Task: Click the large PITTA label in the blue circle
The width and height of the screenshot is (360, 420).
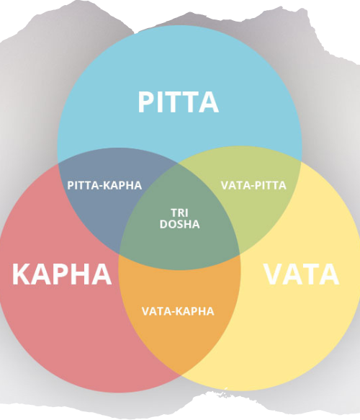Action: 179,102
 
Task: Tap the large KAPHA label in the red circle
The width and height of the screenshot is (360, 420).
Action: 62,274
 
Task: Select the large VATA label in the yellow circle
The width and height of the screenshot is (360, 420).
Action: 302,274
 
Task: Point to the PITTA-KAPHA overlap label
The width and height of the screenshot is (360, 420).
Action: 104,185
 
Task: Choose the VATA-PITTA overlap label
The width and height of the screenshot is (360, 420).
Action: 253,185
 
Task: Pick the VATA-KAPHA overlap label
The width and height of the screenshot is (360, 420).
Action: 178,311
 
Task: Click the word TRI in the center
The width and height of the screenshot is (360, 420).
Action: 179,213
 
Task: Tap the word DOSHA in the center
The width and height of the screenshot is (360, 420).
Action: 179,224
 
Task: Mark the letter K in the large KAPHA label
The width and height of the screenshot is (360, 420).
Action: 22,274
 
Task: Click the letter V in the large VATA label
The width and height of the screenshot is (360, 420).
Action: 274,274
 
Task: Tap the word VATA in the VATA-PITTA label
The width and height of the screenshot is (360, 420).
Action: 234,185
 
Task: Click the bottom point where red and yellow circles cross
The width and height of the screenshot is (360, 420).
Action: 180,375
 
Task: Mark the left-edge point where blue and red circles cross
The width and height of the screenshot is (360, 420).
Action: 58,163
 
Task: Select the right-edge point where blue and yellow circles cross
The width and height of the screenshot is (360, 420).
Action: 301,162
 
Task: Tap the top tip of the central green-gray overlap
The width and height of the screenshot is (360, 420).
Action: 179,163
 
